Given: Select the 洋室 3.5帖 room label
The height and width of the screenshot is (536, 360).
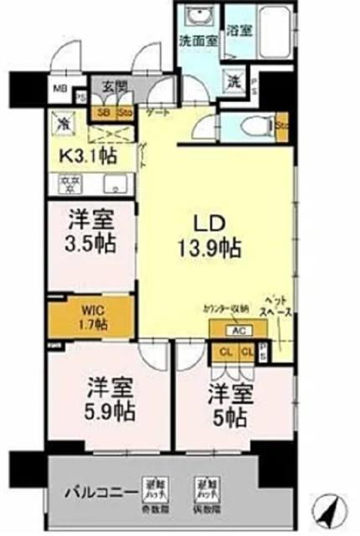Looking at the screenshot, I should point(92,233).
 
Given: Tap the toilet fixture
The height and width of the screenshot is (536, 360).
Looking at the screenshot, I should point(252,126).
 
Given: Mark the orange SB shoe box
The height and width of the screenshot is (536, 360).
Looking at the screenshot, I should point(105,111).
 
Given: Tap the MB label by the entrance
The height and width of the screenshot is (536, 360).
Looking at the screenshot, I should point(60,86).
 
